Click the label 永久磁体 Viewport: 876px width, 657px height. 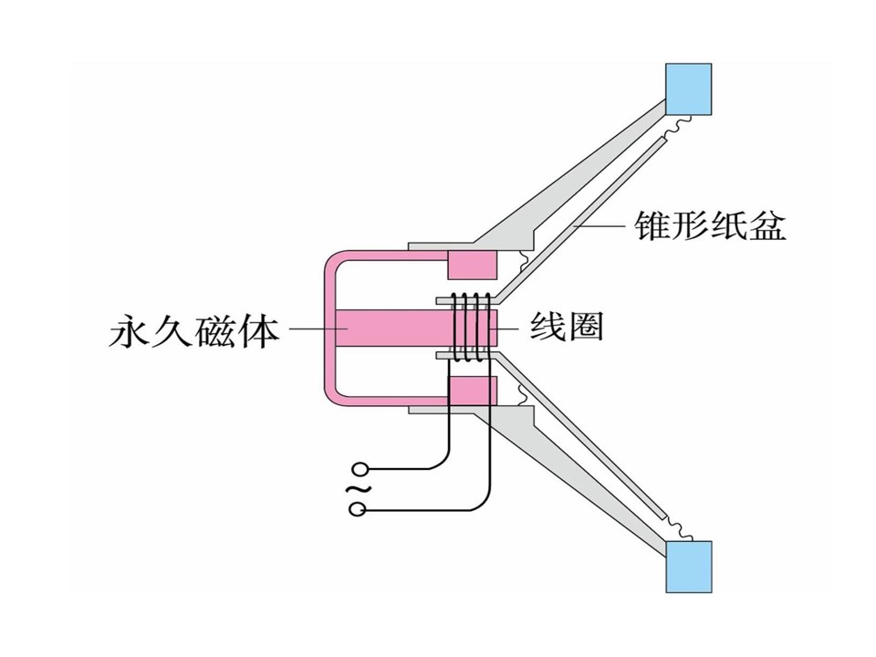(x=193, y=329)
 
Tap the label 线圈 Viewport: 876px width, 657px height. (x=567, y=327)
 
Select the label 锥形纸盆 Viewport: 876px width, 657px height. (x=711, y=224)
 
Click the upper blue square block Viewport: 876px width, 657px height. (x=688, y=89)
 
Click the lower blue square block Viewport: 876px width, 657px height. (x=689, y=567)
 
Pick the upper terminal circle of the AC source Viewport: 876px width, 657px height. (x=358, y=469)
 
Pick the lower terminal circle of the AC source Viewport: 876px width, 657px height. (x=358, y=509)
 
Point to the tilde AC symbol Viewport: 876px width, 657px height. (x=358, y=489)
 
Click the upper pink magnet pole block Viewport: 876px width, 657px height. (x=472, y=265)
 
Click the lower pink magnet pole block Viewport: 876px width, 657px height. (x=472, y=391)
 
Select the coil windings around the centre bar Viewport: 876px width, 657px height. (x=472, y=328)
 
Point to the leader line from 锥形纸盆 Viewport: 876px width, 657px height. (x=600, y=225)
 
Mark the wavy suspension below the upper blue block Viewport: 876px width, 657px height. (x=675, y=126)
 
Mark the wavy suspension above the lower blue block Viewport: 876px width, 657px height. (x=676, y=529)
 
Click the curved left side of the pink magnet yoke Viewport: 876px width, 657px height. (x=329, y=328)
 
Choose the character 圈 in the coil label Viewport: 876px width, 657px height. (x=586, y=327)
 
